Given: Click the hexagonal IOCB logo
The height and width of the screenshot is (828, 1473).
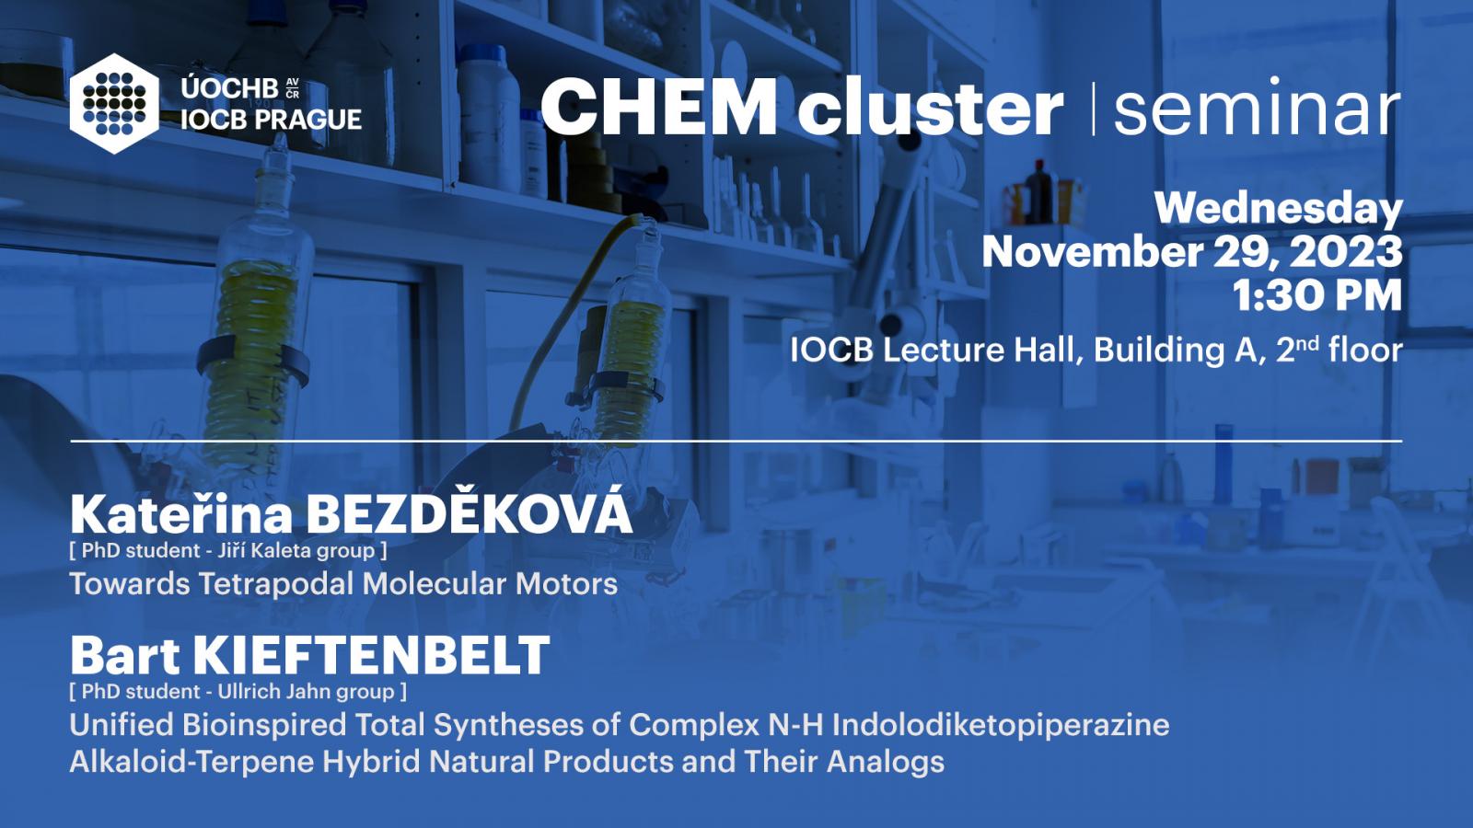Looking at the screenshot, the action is [x=114, y=104].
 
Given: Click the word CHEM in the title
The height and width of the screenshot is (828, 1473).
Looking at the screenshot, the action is [x=659, y=107].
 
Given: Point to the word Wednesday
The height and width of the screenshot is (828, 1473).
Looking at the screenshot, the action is [x=1279, y=208].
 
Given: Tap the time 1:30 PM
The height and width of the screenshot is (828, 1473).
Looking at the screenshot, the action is [x=1317, y=295].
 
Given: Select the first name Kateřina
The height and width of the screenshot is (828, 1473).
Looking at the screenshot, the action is [x=181, y=514].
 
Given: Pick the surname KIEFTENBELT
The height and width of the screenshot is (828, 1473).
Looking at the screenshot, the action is [x=372, y=655].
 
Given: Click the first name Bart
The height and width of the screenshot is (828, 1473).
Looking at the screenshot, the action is [x=125, y=655].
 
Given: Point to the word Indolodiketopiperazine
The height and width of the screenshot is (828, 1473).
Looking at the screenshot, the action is [x=1001, y=726].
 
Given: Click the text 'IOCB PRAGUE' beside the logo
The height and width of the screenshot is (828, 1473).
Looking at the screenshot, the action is [x=271, y=120].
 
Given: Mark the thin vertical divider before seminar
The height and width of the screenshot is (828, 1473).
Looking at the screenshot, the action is [x=1094, y=109].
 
